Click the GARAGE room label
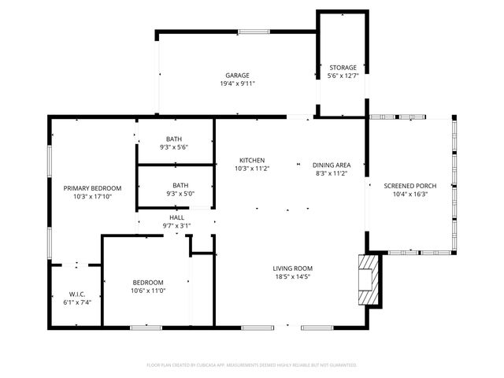237,76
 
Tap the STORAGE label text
343,68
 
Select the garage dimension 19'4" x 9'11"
237,83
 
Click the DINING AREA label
332,165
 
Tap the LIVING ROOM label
292,269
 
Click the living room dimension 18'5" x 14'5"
292,276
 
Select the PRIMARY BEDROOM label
93,187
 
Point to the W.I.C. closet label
76,295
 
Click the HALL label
176,218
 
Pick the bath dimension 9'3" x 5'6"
173,147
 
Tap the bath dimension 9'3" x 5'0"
173,194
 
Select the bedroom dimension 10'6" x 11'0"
147,291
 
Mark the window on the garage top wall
254,31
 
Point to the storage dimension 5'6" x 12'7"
343,76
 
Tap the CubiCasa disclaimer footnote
252,365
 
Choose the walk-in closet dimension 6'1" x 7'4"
76,302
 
